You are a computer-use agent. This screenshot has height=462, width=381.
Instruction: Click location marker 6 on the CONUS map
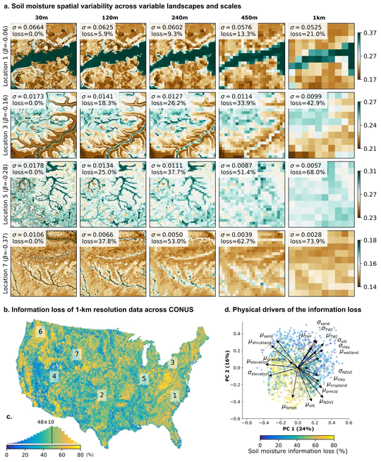point(40,331)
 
